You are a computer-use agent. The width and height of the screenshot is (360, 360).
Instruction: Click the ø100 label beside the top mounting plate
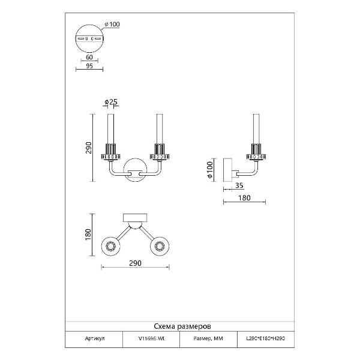(113, 24)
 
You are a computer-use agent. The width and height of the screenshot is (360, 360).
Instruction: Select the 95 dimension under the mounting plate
(89, 66)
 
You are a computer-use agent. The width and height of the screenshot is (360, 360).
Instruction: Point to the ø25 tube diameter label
(112, 101)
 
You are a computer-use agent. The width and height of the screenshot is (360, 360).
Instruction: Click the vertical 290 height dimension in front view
(88, 147)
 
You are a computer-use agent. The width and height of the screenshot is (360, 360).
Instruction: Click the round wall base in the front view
(136, 170)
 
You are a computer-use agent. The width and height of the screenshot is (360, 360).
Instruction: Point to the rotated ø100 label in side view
(209, 170)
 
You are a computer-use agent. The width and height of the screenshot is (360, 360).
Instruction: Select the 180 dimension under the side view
(244, 197)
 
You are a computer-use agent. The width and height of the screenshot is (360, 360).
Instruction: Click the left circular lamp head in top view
(111, 246)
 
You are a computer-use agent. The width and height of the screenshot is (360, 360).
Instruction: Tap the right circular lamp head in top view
(161, 246)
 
